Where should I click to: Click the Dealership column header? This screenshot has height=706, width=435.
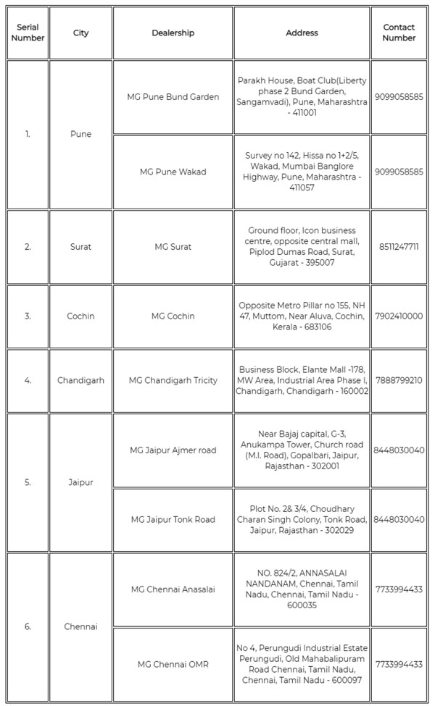tap(173, 33)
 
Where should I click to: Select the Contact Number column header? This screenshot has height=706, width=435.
tap(399, 33)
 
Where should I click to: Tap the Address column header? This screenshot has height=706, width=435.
tap(302, 33)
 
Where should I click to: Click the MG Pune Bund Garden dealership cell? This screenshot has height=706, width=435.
tap(173, 97)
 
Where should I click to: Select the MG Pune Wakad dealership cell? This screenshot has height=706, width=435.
tap(173, 172)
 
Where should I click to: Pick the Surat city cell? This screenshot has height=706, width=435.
tap(80, 247)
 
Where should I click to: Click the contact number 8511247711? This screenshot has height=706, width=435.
tap(399, 247)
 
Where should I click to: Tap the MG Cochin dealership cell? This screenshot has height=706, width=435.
tap(173, 316)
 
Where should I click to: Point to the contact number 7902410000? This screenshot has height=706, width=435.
tap(399, 316)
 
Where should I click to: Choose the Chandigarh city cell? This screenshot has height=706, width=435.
tap(80, 380)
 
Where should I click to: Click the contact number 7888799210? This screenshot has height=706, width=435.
tap(399, 380)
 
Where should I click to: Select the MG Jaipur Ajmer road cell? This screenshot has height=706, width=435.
tap(173, 450)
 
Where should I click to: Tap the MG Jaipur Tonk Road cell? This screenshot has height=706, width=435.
tap(173, 519)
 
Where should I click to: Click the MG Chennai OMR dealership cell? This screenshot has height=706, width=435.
tap(173, 664)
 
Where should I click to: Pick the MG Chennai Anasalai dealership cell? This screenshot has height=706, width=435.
tap(173, 589)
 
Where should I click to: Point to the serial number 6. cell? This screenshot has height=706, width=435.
tap(28, 626)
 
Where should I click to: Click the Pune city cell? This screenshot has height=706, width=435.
tap(80, 134)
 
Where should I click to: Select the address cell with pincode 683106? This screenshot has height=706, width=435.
tap(302, 316)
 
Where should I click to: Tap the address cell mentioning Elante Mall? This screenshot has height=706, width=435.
tap(302, 380)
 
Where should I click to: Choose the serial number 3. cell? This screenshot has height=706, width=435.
tap(28, 316)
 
